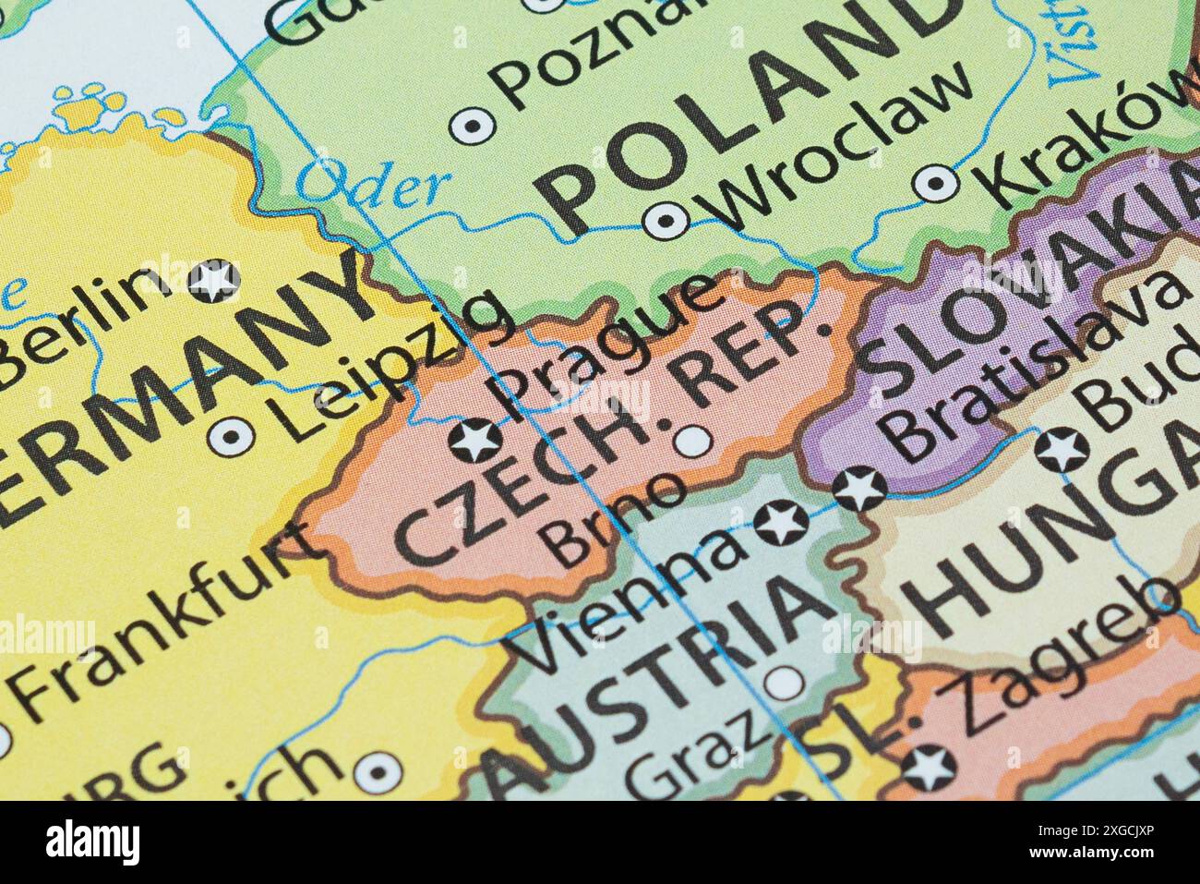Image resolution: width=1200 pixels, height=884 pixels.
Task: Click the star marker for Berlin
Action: [214, 281]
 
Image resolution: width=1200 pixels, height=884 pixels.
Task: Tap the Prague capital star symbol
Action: [476, 440]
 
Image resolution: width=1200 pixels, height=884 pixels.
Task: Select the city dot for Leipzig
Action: [231, 434]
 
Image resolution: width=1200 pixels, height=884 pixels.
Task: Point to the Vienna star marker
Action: [781, 523]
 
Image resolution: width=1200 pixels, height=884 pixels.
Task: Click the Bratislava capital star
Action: [859, 488]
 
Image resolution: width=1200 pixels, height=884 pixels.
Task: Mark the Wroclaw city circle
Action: [665, 220]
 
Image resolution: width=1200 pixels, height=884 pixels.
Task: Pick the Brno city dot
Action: [692, 442]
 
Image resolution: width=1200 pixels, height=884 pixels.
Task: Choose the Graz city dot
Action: [784, 684]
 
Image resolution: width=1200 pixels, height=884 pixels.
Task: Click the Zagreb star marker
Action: [929, 768]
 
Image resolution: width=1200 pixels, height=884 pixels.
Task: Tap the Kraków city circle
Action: [935, 183]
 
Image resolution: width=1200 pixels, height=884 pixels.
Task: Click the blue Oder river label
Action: [373, 184]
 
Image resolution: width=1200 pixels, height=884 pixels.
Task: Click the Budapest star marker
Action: [1061, 450]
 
